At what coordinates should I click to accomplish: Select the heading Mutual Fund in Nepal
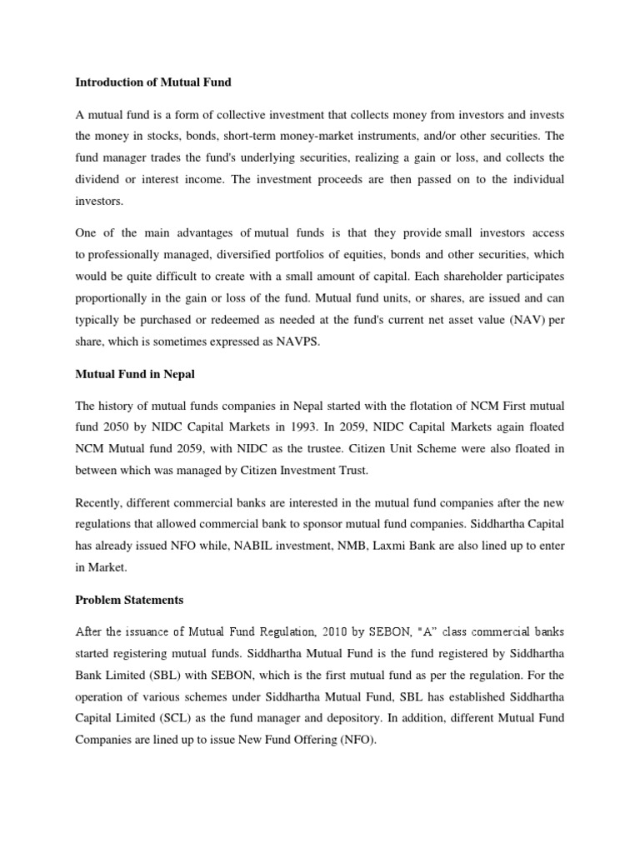coord(135,374)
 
